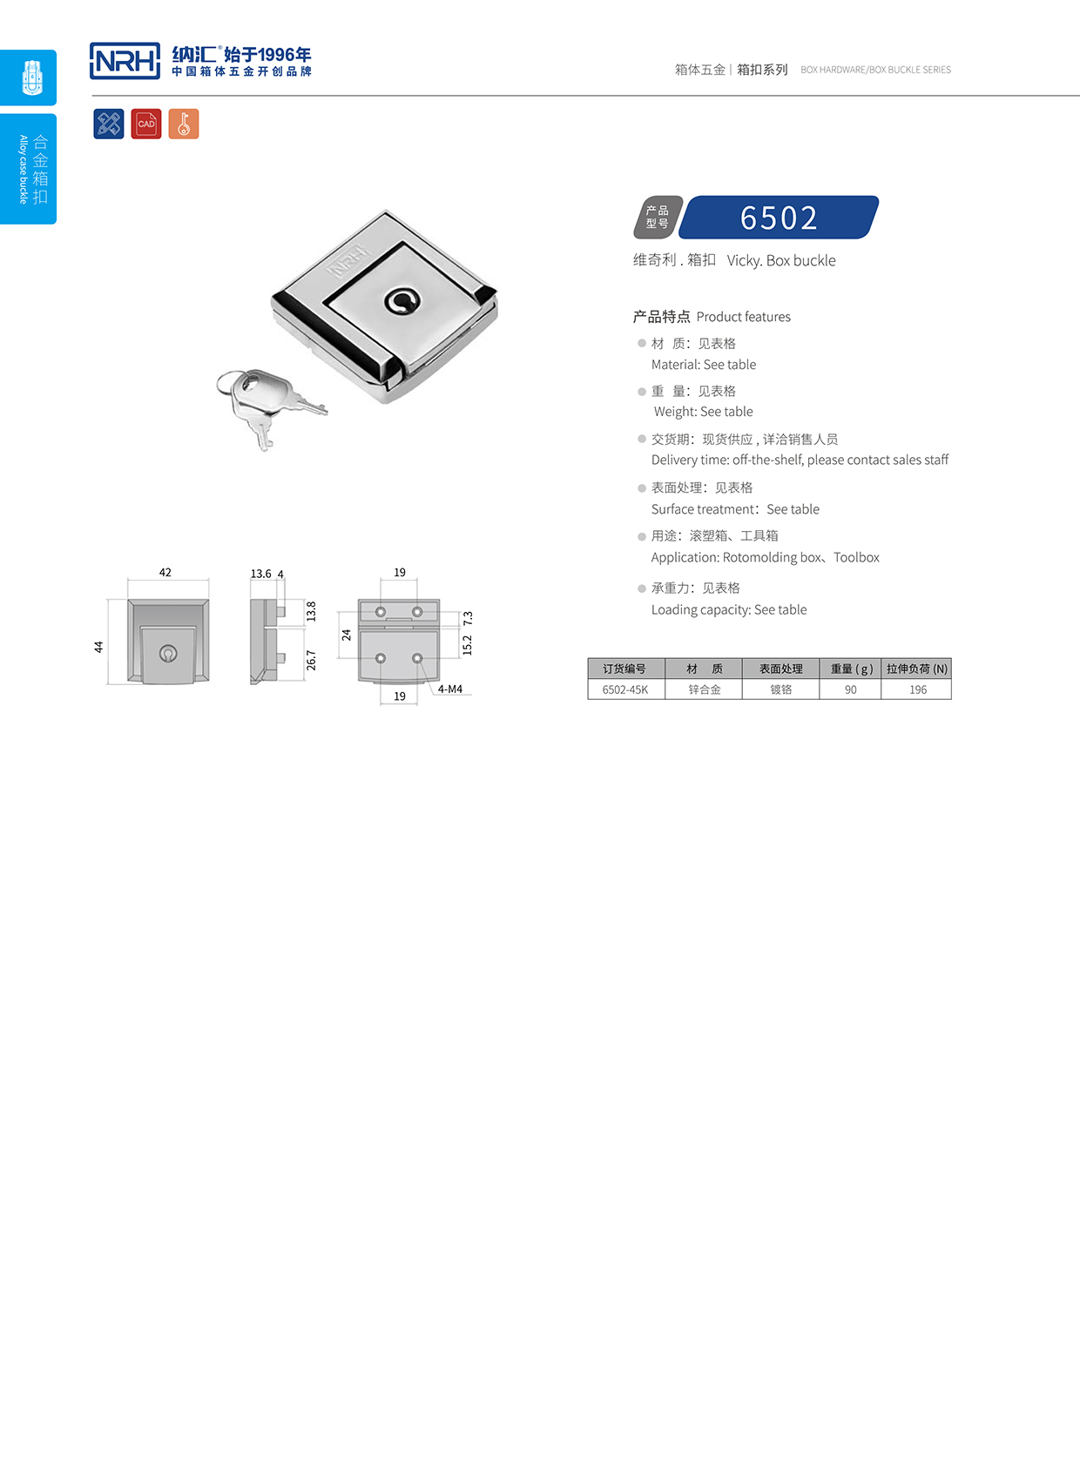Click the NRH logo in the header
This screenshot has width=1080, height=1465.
(x=125, y=61)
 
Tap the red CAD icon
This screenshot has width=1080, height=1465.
(x=146, y=124)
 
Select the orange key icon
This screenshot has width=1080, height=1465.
(x=184, y=124)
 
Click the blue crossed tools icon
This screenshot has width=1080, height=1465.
(x=109, y=124)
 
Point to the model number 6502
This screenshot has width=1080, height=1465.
(x=779, y=218)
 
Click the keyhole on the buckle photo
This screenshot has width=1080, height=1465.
(x=402, y=301)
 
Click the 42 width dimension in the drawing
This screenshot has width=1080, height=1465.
(x=165, y=572)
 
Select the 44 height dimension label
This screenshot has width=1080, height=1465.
(x=98, y=647)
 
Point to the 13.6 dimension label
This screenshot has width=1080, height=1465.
(x=260, y=574)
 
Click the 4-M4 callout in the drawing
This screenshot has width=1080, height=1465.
(x=449, y=689)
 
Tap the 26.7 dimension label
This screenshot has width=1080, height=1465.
(x=312, y=660)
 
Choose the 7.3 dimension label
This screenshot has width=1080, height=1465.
(x=468, y=618)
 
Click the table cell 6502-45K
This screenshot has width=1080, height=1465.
(x=625, y=689)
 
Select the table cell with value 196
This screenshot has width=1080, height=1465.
(x=918, y=689)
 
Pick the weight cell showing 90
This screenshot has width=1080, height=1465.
(x=850, y=689)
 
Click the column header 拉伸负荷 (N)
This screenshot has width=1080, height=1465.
(x=916, y=669)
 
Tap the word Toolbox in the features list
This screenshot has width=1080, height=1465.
(x=856, y=557)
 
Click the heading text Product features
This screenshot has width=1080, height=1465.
(x=743, y=317)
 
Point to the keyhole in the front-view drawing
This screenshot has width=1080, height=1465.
(x=168, y=653)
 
